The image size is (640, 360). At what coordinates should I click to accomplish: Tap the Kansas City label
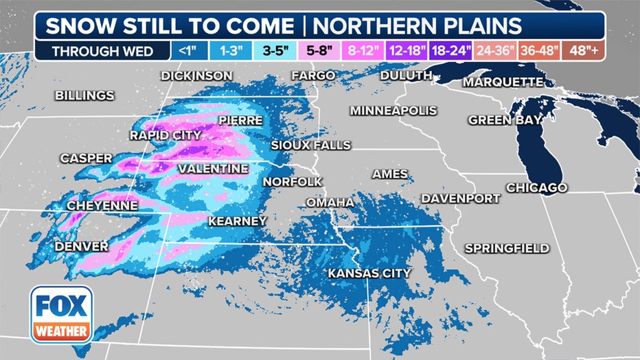(x=369, y=273)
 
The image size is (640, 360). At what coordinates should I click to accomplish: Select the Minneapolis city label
(x=393, y=111)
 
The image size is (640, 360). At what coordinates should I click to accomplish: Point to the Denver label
(x=82, y=246)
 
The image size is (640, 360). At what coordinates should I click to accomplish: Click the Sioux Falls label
(x=311, y=146)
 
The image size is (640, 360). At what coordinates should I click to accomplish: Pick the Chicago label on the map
(x=536, y=188)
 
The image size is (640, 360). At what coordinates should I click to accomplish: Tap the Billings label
(x=84, y=95)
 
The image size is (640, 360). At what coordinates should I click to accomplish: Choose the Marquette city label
(x=503, y=82)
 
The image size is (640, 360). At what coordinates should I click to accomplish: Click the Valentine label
(x=213, y=168)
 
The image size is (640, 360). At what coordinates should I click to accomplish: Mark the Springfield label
(x=507, y=248)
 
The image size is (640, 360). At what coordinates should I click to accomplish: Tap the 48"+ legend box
(x=583, y=51)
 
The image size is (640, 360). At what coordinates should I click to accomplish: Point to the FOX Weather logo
(x=61, y=314)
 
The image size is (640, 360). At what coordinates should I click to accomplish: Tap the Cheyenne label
(x=102, y=205)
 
